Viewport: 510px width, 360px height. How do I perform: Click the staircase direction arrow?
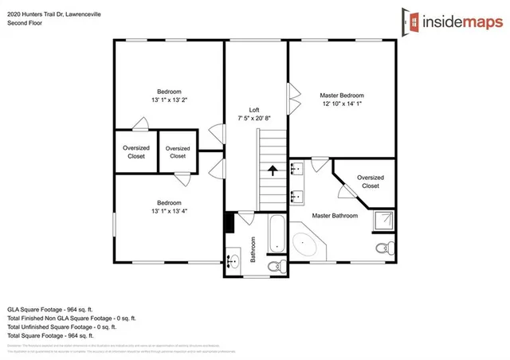pyautogui.click(x=273, y=170)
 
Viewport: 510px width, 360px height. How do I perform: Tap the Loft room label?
pyautogui.click(x=254, y=109)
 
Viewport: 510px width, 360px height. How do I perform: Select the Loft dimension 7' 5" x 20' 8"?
pyautogui.click(x=254, y=118)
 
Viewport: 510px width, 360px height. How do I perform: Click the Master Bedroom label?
pyautogui.click(x=343, y=95)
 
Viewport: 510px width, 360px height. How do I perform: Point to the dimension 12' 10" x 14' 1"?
pyautogui.click(x=343, y=104)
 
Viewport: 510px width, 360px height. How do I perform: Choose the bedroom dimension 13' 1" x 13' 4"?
pyautogui.click(x=168, y=210)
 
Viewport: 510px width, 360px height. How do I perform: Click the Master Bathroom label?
pyautogui.click(x=335, y=216)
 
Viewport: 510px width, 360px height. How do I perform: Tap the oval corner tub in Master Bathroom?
pyautogui.click(x=305, y=245)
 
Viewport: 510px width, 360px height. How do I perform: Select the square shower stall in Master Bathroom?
pyautogui.click(x=382, y=221)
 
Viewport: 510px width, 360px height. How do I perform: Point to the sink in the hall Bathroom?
pyautogui.click(x=234, y=260)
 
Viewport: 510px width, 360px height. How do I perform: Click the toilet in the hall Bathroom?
pyautogui.click(x=273, y=266)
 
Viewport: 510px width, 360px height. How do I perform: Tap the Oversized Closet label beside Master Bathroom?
pyautogui.click(x=371, y=182)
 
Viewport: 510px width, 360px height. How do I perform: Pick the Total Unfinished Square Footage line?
pyautogui.click(x=61, y=327)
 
